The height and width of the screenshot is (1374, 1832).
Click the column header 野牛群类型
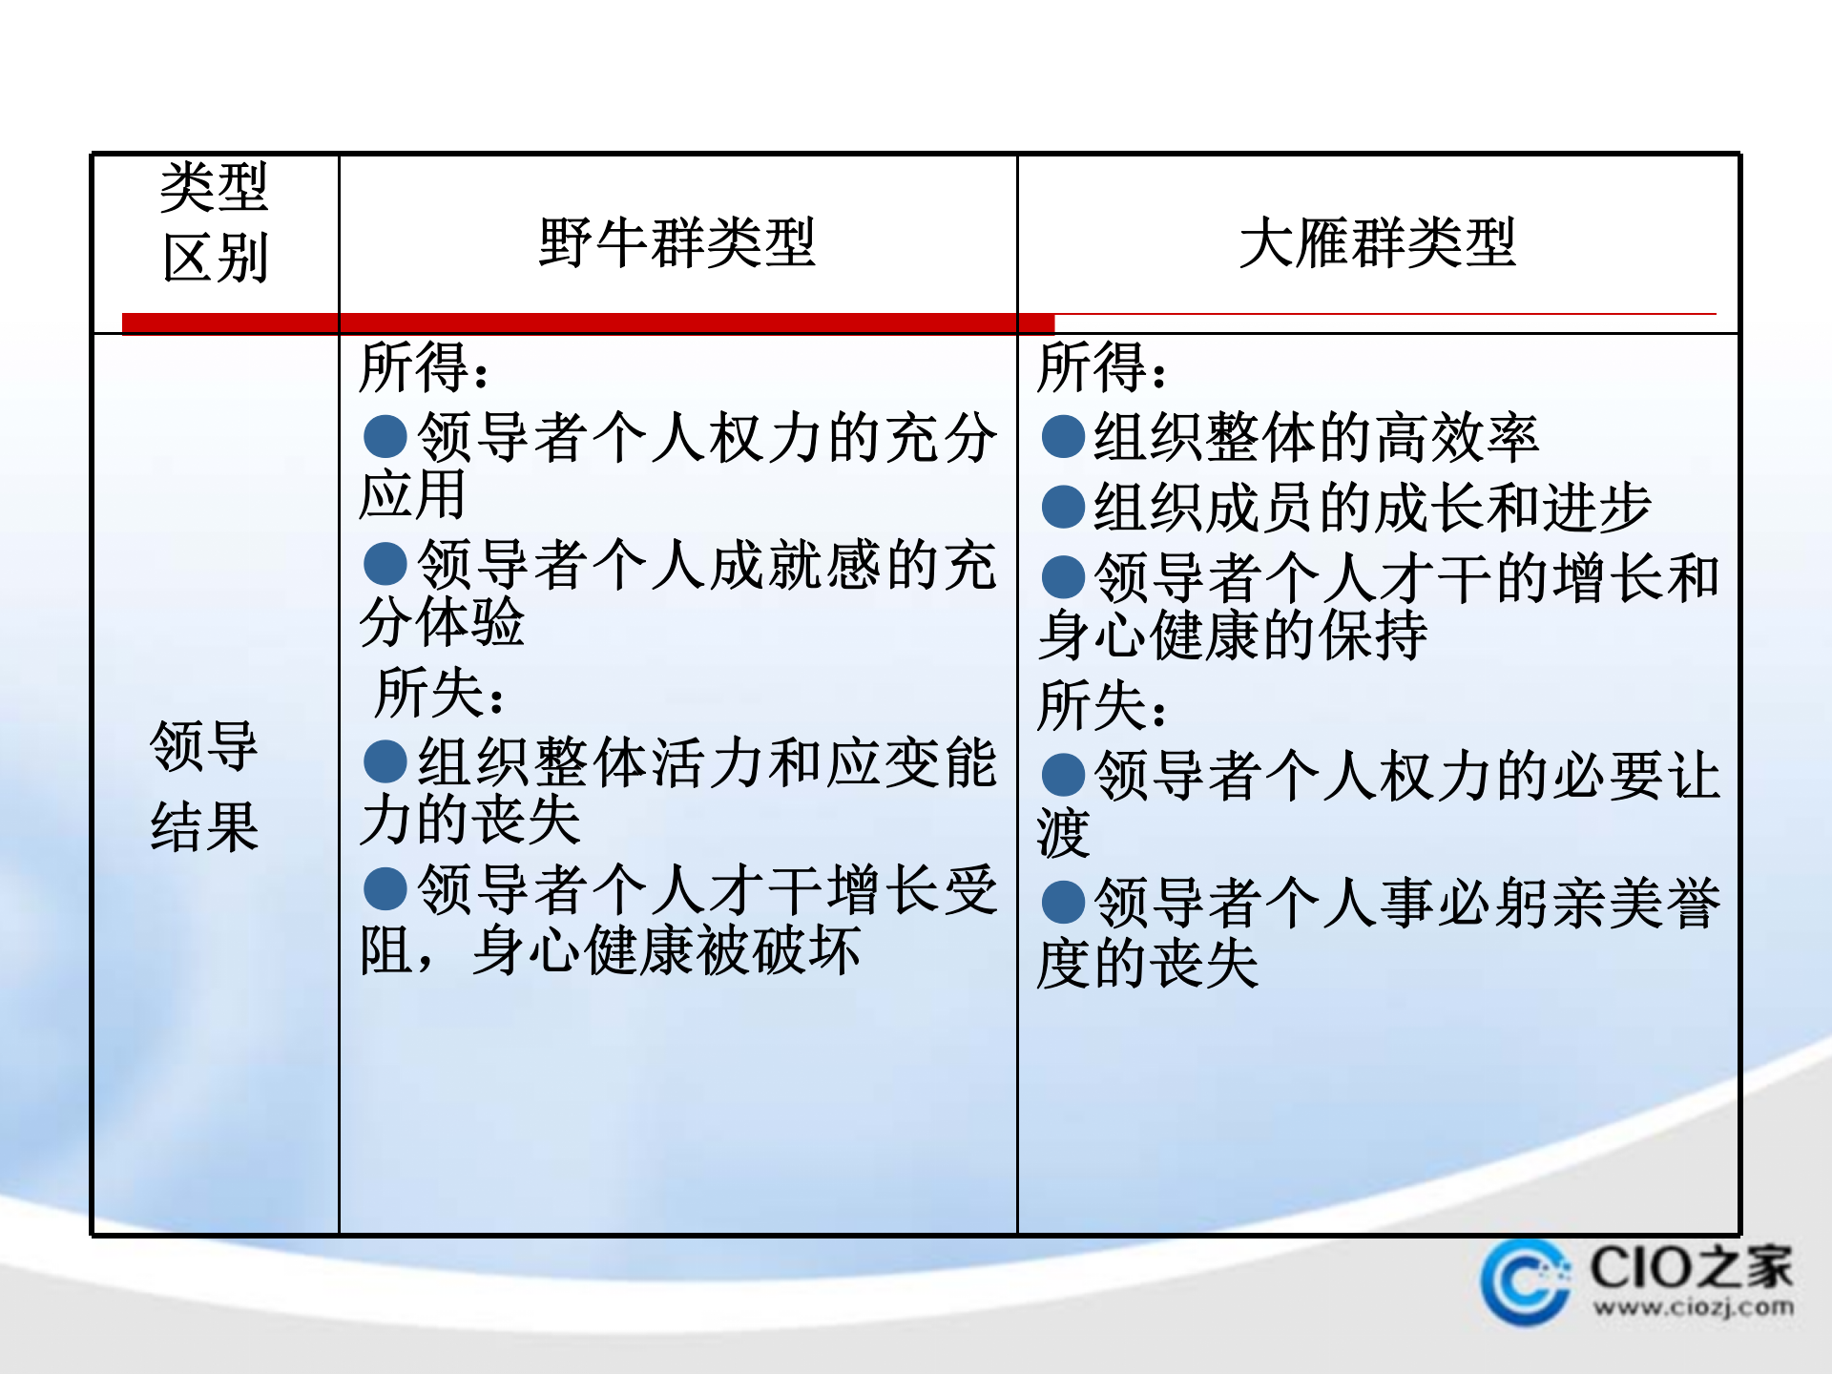[677, 242]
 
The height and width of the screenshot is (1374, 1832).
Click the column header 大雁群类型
[1377, 242]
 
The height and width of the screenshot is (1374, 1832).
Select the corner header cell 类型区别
[215, 222]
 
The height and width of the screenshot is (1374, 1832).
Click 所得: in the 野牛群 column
[424, 367]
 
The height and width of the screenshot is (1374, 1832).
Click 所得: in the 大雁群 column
[1101, 367]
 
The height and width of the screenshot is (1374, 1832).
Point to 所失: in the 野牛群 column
[439, 693]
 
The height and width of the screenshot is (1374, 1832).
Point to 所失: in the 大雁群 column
[1101, 706]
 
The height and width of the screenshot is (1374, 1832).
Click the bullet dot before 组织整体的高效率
[1063, 437]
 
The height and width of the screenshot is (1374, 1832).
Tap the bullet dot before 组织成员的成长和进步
[1063, 507]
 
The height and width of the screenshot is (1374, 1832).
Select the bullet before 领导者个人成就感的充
[385, 564]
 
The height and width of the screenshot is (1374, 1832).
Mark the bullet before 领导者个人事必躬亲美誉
[1063, 902]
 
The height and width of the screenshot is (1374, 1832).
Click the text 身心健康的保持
[1232, 635]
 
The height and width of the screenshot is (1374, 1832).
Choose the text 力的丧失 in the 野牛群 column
[470, 820]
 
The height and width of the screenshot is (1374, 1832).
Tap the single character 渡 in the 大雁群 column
[1063, 833]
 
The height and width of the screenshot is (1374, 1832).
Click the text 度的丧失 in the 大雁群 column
[1148, 964]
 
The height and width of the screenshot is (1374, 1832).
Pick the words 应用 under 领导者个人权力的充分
[412, 494]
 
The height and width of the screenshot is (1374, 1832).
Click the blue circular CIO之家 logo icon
[1525, 1281]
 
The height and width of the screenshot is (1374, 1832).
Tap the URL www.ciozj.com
[1693, 1307]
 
